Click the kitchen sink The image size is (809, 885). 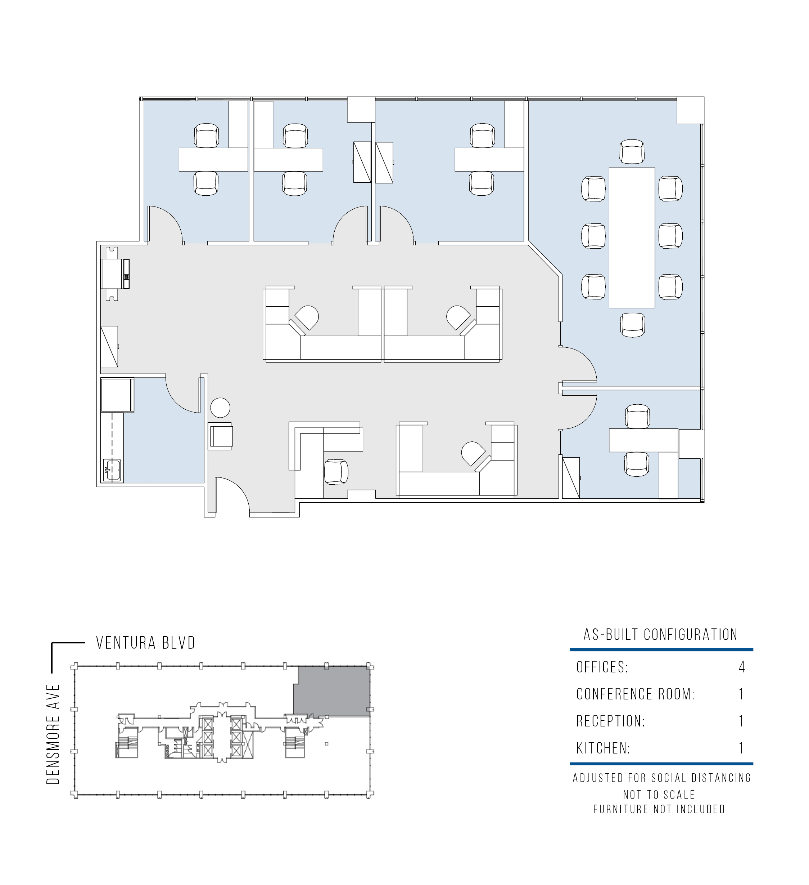(113, 470)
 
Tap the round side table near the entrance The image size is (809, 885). (220, 408)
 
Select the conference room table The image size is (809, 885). (632, 237)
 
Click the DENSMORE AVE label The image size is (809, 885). (53, 734)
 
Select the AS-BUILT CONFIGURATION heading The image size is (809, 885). (660, 635)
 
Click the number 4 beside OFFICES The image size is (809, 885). (741, 667)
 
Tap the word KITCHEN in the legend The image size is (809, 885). (603, 748)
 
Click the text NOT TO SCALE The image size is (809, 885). (659, 795)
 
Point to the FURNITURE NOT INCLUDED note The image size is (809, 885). (659, 809)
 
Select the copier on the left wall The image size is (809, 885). (115, 273)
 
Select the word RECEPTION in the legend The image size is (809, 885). (610, 721)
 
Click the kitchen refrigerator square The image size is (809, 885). (117, 395)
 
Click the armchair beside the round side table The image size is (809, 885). (221, 436)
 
